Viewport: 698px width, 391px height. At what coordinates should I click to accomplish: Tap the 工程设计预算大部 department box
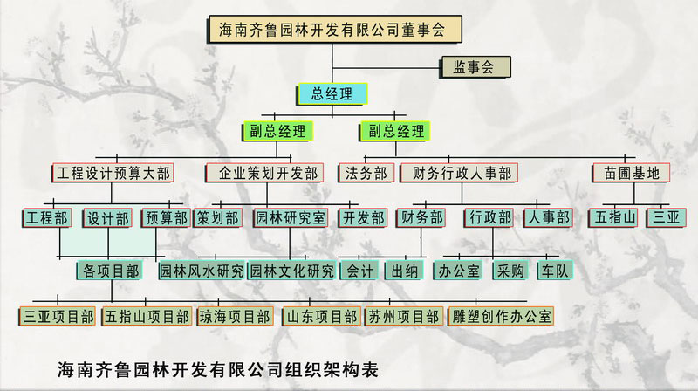click(113, 173)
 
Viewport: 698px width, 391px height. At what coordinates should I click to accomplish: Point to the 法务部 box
click(366, 173)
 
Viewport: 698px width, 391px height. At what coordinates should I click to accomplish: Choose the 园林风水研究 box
click(202, 271)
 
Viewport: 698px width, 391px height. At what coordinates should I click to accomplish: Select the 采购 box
click(510, 271)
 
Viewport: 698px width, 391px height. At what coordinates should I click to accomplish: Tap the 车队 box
click(557, 271)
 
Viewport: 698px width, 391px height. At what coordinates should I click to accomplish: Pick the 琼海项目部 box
click(235, 316)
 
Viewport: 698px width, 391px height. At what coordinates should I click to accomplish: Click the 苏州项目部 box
click(403, 316)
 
